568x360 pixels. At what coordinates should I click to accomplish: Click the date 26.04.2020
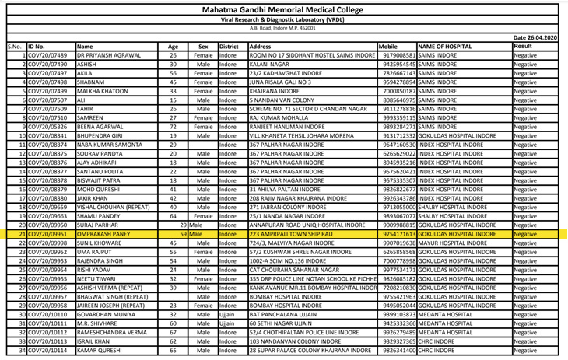535,37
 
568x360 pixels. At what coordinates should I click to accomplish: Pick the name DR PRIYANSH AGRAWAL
109,57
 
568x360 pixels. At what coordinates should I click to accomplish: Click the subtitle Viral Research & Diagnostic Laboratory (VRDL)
283,19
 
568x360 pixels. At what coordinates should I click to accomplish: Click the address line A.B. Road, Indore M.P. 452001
283,28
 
